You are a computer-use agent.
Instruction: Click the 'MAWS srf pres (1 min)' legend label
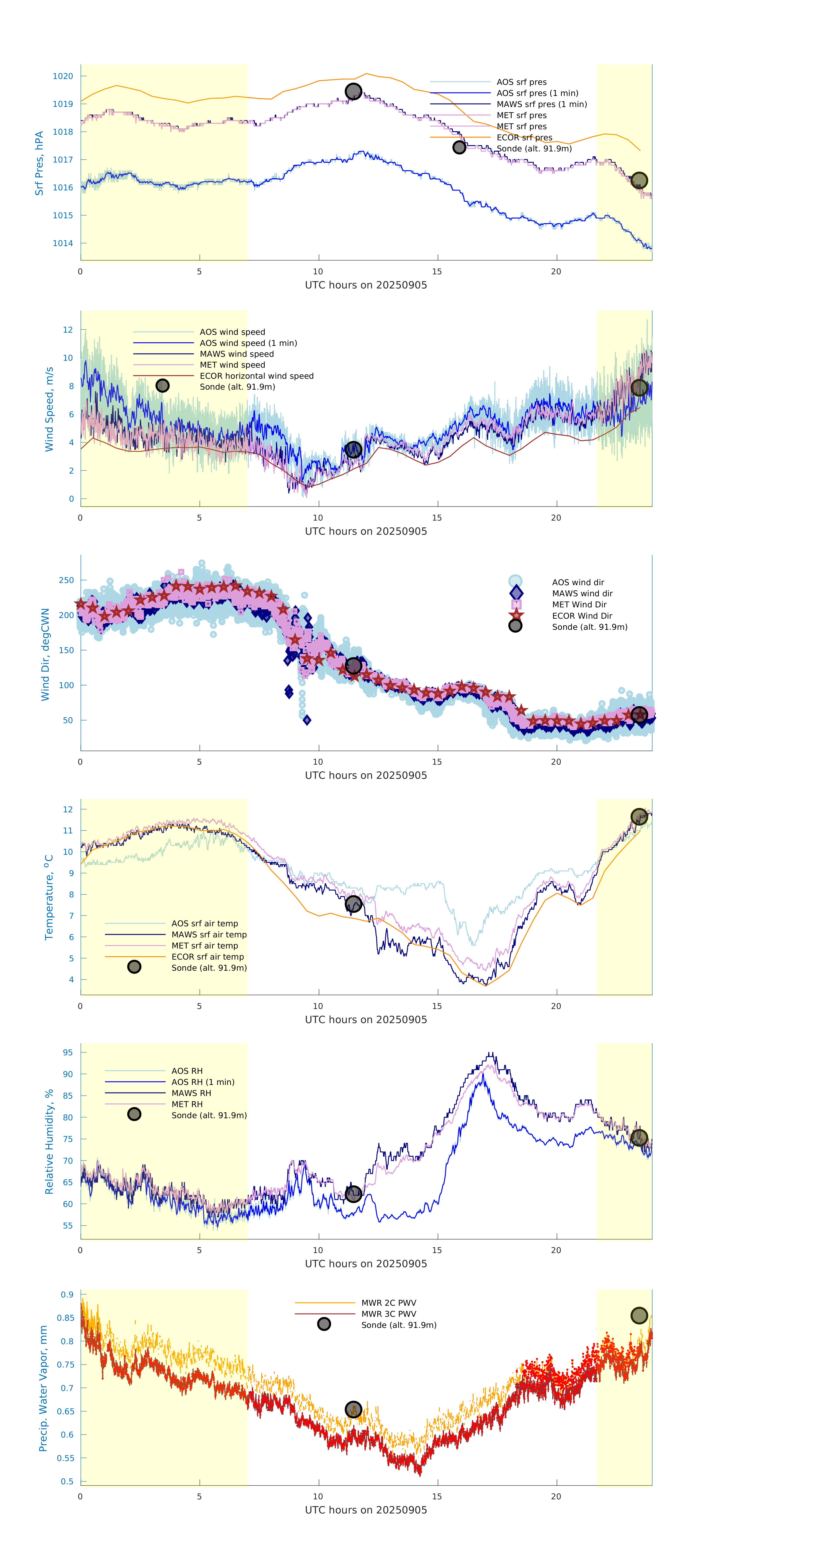tap(541, 104)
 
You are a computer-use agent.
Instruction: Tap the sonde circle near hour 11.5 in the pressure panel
tap(353, 91)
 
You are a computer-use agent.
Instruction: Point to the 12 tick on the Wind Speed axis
tap(68, 330)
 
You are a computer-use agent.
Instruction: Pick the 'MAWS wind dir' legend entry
tap(582, 593)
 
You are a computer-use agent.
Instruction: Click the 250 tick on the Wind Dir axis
tap(66, 580)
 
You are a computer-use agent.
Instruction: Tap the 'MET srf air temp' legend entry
tap(204, 945)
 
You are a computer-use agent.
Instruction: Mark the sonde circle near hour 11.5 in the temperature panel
tap(353, 904)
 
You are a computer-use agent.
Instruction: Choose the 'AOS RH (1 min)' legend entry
tap(203, 1082)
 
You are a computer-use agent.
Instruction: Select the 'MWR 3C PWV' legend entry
tap(389, 1314)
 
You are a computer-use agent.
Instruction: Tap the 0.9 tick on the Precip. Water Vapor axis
tap(67, 1294)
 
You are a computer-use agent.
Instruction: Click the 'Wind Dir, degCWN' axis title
tap(45, 654)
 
